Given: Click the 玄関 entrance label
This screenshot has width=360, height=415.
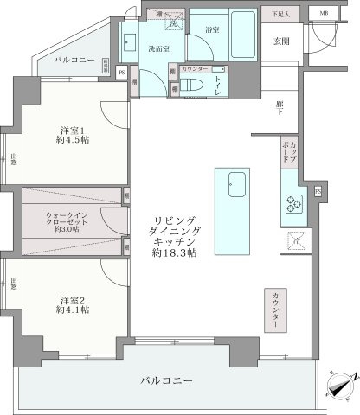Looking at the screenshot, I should click(x=281, y=41).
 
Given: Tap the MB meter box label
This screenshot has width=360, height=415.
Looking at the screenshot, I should click(x=323, y=14).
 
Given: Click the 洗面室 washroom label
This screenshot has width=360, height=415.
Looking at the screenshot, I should click(x=157, y=49).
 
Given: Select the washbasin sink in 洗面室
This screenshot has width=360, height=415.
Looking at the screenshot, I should click(x=132, y=41).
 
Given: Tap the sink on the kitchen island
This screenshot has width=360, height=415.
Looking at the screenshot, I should click(x=235, y=183).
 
